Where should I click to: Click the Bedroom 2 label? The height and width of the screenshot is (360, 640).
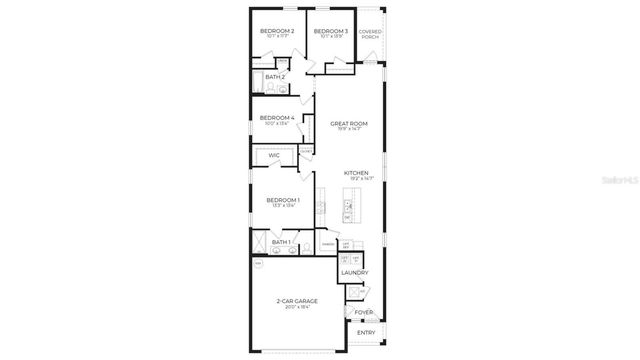coord(277,31)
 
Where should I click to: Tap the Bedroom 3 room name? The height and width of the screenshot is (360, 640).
coord(330,31)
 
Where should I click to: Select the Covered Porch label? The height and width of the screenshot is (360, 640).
coord(370,34)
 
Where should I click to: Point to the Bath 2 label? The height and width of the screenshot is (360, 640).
coord(275,76)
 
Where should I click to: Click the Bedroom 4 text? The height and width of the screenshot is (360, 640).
coord(276,117)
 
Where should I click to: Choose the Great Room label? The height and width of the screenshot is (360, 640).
coord(349,123)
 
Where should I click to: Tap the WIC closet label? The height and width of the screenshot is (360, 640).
coord(273,155)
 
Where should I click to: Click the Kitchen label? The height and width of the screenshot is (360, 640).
coord(357,172)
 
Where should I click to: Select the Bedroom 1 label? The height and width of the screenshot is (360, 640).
coord(282,199)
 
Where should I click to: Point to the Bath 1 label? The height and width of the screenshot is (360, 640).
coord(281,242)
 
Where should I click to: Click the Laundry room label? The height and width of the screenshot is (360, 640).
coord(354,272)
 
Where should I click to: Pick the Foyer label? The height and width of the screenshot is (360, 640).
coord(365,312)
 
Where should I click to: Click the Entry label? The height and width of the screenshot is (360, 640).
coord(366,332)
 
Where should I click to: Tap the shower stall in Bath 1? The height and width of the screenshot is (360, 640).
coord(259,243)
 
